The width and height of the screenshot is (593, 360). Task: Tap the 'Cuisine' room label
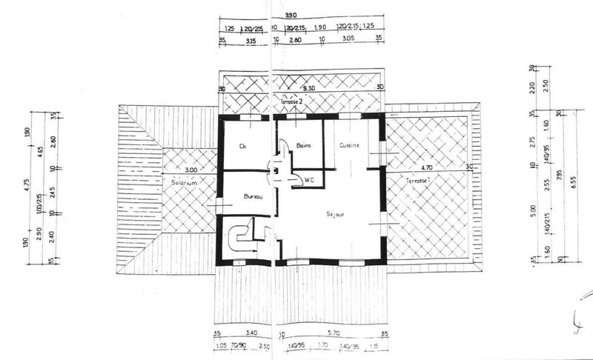point(349,146)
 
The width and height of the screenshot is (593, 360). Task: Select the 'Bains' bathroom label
point(302,146)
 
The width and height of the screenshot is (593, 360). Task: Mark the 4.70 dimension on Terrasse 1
point(426,168)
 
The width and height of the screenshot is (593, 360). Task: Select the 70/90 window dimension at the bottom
point(239,345)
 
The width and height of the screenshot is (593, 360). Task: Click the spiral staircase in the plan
point(242,239)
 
